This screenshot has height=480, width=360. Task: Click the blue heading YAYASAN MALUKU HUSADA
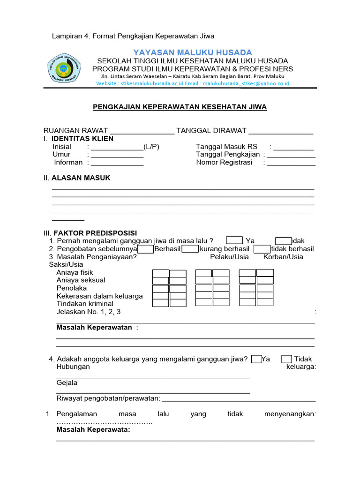point(193,52)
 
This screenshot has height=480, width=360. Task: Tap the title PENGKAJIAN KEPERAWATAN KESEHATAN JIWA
point(180,107)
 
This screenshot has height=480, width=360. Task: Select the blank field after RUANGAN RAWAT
point(142,131)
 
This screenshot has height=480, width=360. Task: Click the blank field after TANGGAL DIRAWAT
point(281,131)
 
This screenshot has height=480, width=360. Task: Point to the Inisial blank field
point(117,147)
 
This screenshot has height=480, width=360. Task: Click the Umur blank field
point(117,155)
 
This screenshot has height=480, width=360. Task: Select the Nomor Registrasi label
point(224,162)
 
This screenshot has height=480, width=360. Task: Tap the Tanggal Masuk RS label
point(227,147)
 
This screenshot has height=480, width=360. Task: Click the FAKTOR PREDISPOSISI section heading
point(95,233)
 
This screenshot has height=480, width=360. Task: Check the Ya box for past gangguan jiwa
point(234,241)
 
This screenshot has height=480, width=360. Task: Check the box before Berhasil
point(146,249)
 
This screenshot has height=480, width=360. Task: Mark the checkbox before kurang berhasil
point(190,249)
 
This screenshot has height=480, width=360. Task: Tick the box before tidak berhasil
point(262,249)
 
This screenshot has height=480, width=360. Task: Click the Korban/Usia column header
point(283,256)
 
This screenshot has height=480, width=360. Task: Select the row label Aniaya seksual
point(81,280)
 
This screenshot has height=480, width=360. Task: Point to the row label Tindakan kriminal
point(85,304)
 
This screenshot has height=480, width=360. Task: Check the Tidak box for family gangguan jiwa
point(287,359)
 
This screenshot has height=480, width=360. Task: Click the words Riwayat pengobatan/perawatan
point(108,398)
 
